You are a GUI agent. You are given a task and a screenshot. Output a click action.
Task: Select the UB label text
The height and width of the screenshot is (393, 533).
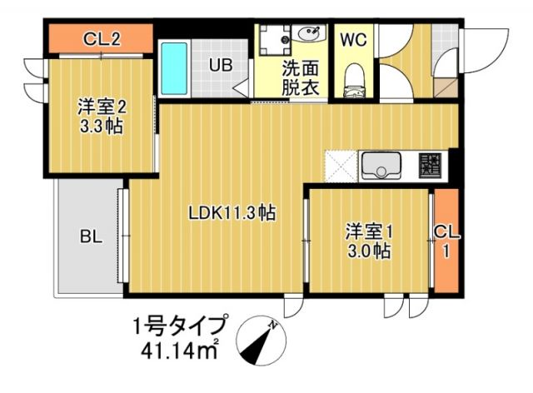tap(220, 63)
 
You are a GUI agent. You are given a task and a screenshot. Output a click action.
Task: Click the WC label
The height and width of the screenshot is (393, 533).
tap(351, 38)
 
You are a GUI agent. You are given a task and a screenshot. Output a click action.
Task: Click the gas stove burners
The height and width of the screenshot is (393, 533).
tap(431, 164)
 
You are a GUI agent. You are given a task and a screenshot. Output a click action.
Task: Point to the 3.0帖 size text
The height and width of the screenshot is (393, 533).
tap(368, 251)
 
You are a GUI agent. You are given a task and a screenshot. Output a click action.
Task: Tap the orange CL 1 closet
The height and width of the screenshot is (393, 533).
tap(446, 241)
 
